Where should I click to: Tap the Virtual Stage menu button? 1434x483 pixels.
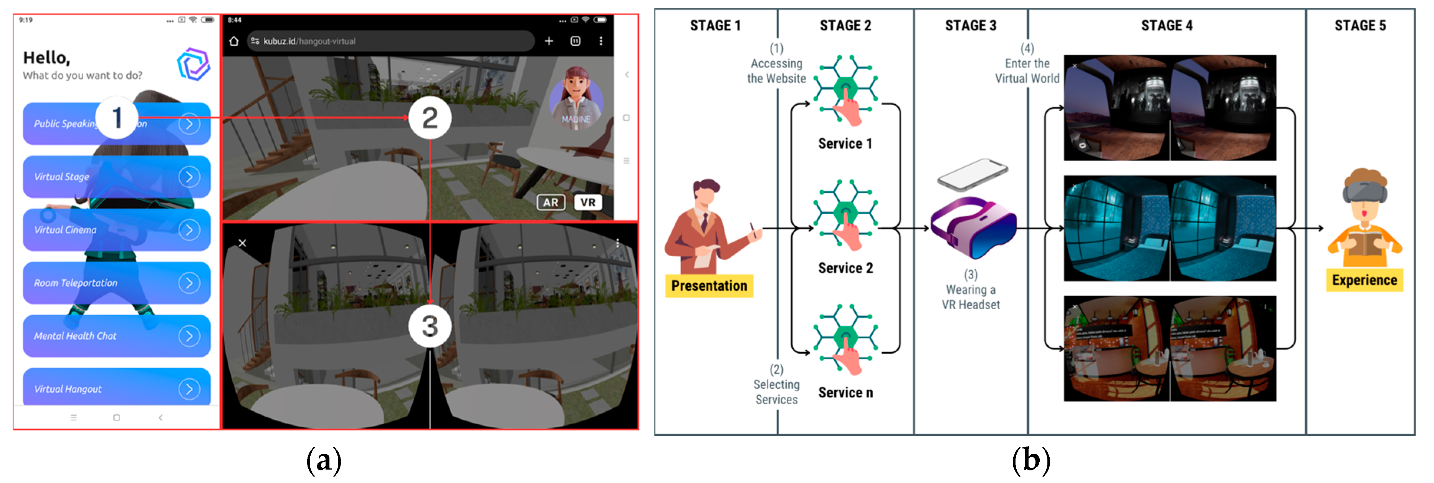(x=116, y=177)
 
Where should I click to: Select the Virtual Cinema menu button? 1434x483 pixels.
(x=116, y=230)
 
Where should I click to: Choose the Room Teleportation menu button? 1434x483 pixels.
(x=116, y=283)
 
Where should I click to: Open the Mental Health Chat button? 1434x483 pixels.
(x=116, y=336)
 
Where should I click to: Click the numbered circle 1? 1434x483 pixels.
(x=117, y=117)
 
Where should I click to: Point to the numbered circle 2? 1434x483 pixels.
(x=430, y=117)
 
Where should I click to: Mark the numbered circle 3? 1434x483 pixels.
(x=430, y=326)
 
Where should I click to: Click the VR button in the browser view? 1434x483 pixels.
(x=588, y=202)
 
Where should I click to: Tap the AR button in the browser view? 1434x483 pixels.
(x=551, y=202)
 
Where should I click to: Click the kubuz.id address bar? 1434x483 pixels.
(x=390, y=41)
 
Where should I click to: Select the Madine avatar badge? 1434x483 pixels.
(x=576, y=99)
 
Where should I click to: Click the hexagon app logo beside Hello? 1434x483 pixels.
(x=193, y=64)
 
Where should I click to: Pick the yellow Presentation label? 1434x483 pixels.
(x=709, y=285)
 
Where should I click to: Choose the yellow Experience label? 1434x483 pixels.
(x=1365, y=280)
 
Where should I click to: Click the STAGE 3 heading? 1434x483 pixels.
(x=970, y=26)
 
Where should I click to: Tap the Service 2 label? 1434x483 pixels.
(x=845, y=268)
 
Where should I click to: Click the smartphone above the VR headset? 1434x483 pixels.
(x=973, y=174)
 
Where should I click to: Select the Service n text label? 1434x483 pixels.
(x=845, y=393)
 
